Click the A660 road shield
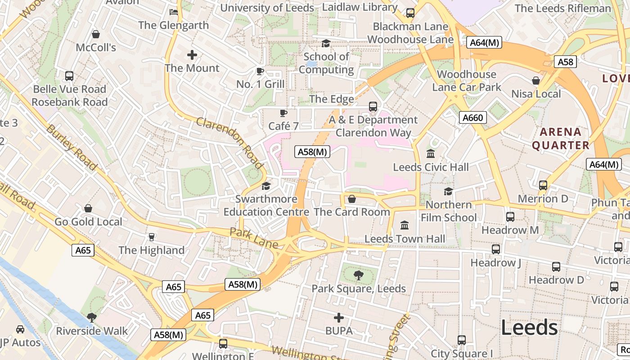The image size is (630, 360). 472,118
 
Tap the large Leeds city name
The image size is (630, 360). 529,327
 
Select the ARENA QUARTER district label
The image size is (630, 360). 560,139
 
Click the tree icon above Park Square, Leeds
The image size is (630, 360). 359,275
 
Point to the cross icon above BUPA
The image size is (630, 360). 339,318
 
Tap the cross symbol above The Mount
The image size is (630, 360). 192,55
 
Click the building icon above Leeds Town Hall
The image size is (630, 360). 405,225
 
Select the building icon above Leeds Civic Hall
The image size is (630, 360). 431,153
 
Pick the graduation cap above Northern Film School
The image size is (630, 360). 448,191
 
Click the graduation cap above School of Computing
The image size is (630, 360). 326,43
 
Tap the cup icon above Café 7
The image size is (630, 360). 283,113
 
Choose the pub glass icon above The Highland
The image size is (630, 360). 152,237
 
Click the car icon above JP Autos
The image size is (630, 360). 20,329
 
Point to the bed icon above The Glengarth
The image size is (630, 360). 174,12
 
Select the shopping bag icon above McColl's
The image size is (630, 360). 96,34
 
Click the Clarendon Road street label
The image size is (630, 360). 229,143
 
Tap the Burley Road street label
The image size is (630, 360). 72,147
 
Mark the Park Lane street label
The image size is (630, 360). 254,238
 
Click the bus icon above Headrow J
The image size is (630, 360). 495,249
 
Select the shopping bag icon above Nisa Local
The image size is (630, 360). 536,81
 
